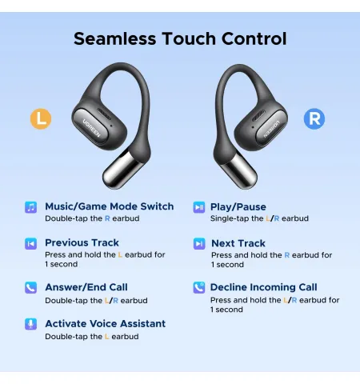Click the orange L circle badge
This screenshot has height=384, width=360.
41,118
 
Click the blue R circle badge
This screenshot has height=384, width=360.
314,118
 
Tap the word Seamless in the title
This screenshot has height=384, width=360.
114,38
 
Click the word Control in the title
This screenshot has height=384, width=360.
254,38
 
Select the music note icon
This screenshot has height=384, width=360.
31,207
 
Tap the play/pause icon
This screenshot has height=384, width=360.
199,207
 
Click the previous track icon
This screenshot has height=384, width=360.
31,243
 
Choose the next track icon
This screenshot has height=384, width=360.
199,243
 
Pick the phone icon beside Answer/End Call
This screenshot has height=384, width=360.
31,288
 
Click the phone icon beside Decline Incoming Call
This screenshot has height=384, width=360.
199,288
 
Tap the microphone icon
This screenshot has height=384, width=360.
31,324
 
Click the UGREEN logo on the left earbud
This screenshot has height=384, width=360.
92,128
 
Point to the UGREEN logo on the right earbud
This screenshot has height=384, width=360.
272,130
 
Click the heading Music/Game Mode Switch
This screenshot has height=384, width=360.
110,206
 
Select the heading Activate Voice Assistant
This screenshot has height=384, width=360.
106,323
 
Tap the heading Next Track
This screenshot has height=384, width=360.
238,243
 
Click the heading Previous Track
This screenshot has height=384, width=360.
82,242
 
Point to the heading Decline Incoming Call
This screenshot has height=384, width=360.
264,287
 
